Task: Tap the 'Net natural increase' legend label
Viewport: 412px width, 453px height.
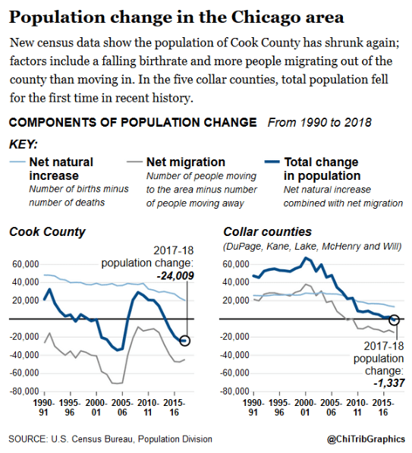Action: click(x=61, y=168)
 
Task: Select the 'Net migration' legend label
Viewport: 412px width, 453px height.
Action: click(x=185, y=162)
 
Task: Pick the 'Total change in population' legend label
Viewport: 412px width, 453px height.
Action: click(x=321, y=168)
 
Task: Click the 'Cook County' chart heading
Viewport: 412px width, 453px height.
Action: click(x=47, y=231)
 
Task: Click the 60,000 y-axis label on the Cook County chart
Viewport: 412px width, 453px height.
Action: click(x=25, y=264)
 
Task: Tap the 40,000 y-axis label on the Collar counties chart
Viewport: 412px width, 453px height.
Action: click(x=237, y=282)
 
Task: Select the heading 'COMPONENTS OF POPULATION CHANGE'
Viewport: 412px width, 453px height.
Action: click(x=131, y=122)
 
